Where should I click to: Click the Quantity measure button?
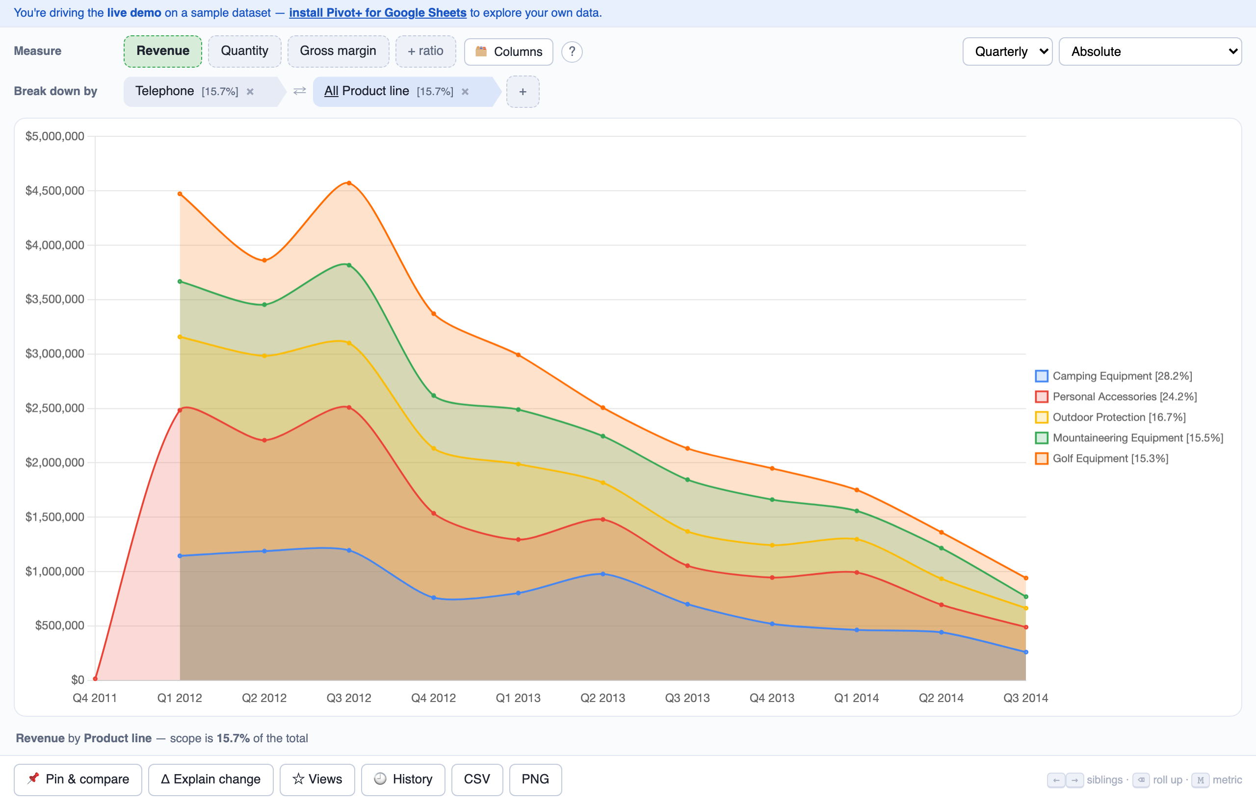244,51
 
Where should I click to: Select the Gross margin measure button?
338,51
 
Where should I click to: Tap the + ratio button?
425,51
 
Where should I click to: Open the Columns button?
508,51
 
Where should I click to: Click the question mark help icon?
572,51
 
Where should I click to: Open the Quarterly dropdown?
1007,51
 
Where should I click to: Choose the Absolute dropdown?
1150,51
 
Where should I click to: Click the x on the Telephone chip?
250,92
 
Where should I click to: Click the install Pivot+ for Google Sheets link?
378,13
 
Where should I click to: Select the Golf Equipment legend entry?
1102,458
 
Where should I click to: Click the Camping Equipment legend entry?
1113,376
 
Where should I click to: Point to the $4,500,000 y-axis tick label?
55,191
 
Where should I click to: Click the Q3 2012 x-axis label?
349,698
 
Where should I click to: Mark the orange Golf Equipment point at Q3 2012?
349,183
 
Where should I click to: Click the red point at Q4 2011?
95,678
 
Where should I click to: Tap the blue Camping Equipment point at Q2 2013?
603,574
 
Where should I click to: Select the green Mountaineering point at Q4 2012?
434,396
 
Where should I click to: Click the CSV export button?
477,779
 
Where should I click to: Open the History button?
403,779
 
